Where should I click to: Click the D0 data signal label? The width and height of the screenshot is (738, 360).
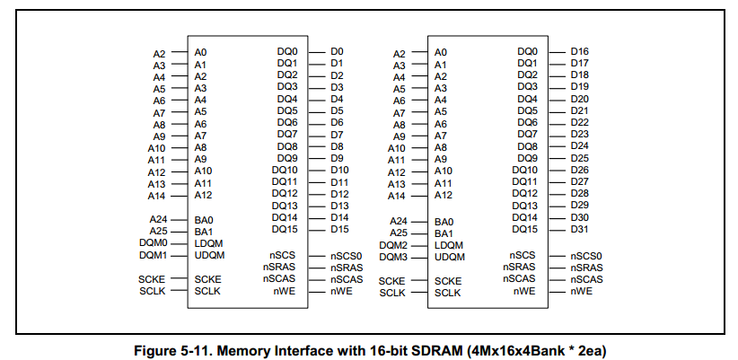click(x=337, y=52)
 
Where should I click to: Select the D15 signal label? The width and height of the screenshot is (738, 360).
click(x=339, y=229)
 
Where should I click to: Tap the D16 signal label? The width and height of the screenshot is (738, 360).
click(x=579, y=52)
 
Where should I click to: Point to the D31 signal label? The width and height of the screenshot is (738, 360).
click(x=579, y=229)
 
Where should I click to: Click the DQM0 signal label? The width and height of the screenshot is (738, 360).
click(x=154, y=242)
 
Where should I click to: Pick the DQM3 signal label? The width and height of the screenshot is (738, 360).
click(x=393, y=257)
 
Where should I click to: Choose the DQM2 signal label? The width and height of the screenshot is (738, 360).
click(x=393, y=245)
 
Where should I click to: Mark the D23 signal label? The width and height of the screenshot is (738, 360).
click(x=579, y=135)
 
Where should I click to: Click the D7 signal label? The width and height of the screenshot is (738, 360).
click(x=337, y=135)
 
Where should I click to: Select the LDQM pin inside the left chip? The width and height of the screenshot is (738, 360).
click(x=208, y=243)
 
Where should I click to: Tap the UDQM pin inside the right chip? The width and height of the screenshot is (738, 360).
click(x=450, y=257)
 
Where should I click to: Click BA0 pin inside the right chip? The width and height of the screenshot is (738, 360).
click(x=444, y=221)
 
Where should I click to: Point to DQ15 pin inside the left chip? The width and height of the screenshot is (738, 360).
click(x=286, y=229)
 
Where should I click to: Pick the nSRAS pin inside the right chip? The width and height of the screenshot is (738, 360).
click(x=521, y=268)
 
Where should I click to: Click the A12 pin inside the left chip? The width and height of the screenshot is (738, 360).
click(x=203, y=194)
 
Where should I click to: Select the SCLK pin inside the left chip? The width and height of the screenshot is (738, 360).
click(x=207, y=292)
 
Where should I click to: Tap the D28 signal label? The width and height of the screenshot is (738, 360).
click(x=579, y=193)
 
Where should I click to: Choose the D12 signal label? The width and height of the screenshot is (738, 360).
click(x=339, y=193)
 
